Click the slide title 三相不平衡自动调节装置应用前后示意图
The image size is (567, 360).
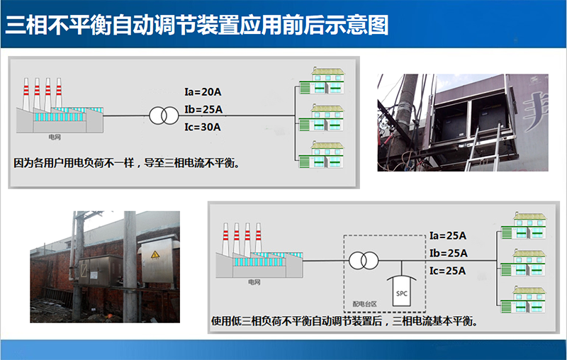pos(197,25)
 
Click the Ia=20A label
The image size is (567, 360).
pos(203,91)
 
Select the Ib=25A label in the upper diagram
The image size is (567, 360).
pos(203,109)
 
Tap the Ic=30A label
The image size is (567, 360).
pos(203,127)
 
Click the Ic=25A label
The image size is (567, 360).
pos(447,271)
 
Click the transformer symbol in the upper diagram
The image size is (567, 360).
pos(162,116)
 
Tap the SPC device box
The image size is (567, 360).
pos(403,291)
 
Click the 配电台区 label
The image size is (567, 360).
pos(366,303)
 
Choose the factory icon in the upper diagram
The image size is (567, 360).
pos(60,106)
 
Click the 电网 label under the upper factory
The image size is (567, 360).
pos(55,137)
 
